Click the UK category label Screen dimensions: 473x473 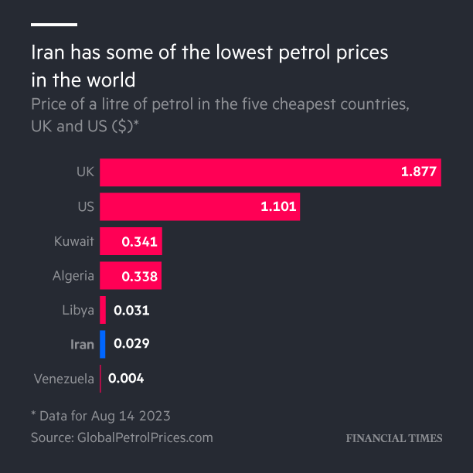click(x=85, y=172)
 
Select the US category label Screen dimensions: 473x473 click(x=85, y=207)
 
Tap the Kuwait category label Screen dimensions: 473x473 click(x=74, y=242)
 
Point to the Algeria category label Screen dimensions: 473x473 click(x=73, y=276)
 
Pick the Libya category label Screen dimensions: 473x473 click(x=78, y=311)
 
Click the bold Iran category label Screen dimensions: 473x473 click(x=82, y=345)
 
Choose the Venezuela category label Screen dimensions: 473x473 click(x=64, y=379)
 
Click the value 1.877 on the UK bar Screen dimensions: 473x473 click(x=419, y=172)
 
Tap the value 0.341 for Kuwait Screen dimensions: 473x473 click(x=139, y=242)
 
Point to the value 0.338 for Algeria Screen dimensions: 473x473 click(x=139, y=276)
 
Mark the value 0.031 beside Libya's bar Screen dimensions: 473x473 click(x=131, y=311)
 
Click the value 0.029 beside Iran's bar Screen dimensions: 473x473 click(x=131, y=345)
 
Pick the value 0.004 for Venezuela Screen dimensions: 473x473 click(x=126, y=379)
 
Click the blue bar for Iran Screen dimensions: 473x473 click(x=103, y=345)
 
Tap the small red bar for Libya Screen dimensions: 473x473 click(x=103, y=311)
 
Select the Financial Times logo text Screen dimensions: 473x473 click(x=394, y=438)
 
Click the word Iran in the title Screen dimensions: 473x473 click(x=49, y=54)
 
